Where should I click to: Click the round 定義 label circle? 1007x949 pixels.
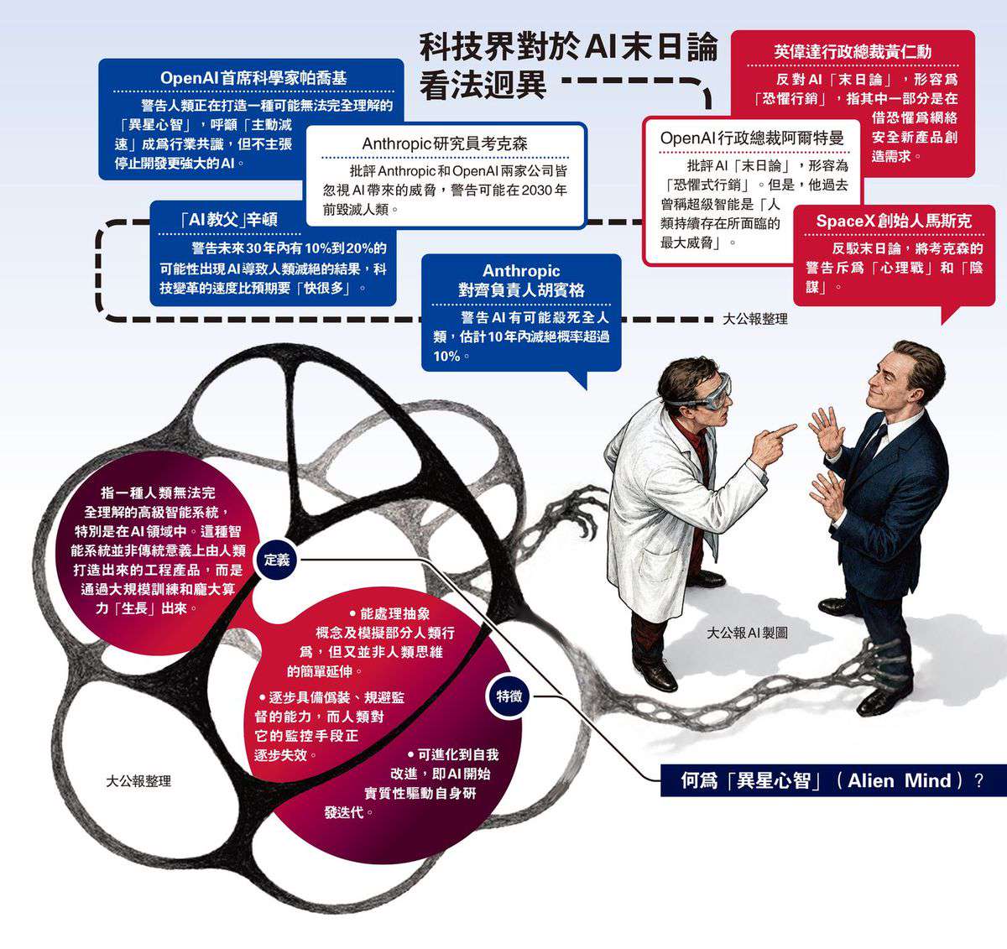click(x=276, y=560)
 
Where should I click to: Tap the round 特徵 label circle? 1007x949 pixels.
click(x=509, y=696)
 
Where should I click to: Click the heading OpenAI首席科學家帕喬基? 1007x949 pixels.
click(x=253, y=78)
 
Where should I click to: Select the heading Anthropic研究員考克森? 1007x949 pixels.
click(x=445, y=143)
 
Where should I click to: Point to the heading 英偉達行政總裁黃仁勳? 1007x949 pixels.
click(x=853, y=52)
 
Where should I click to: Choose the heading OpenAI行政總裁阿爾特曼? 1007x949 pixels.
click(x=752, y=138)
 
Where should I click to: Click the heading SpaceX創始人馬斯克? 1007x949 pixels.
click(x=894, y=222)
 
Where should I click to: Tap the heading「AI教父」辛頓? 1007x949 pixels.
click(x=229, y=220)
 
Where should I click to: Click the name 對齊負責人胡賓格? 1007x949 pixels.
click(x=521, y=290)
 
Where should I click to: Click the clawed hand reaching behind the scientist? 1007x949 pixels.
click(x=583, y=510)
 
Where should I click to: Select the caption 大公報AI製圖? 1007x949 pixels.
click(x=747, y=633)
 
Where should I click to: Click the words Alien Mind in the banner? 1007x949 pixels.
click(x=900, y=780)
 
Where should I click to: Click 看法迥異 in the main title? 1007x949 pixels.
click(x=483, y=84)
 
